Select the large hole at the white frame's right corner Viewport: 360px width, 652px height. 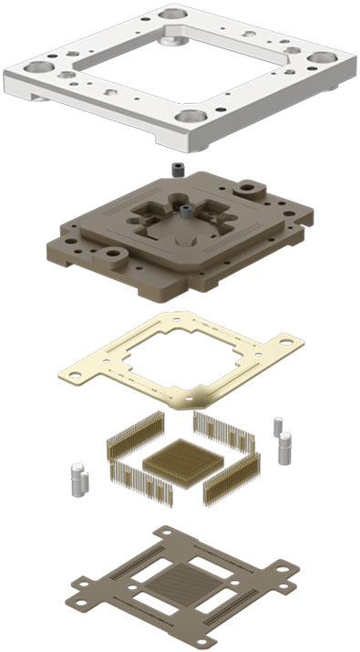[x=318, y=58]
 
